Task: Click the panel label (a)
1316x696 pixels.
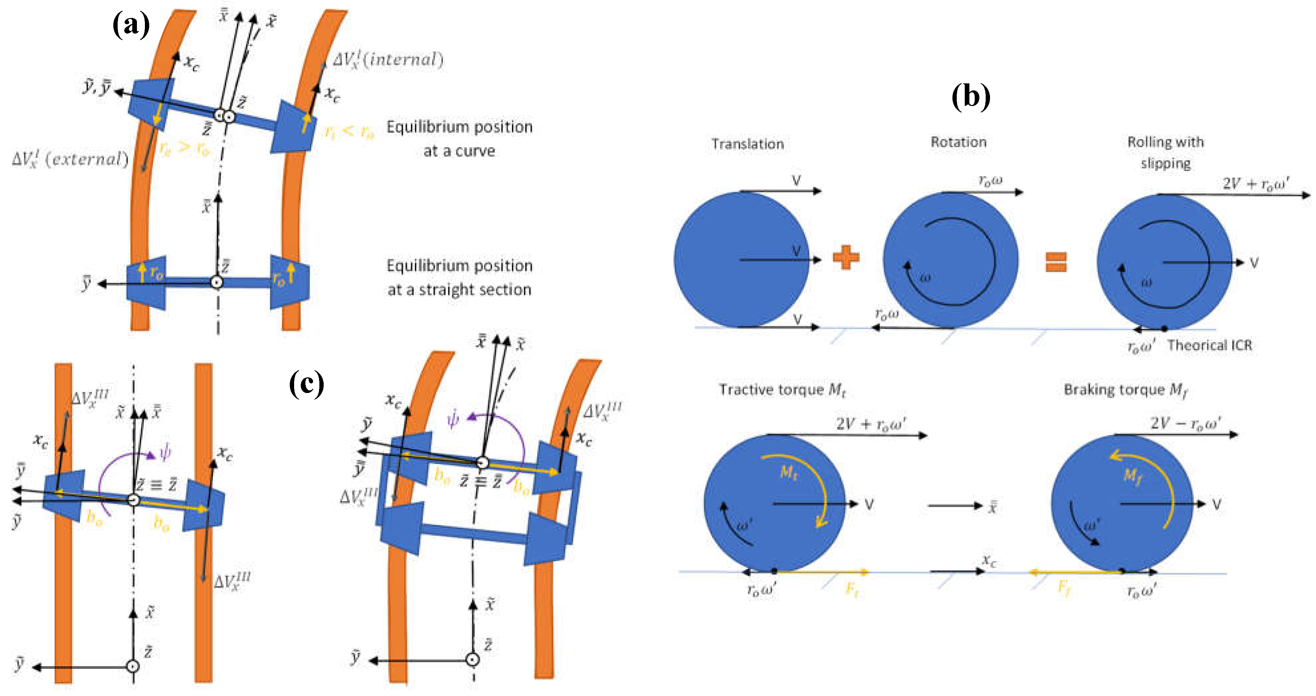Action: coord(131,25)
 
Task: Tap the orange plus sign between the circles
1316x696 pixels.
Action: coord(846,257)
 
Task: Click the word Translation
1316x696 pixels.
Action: coord(747,144)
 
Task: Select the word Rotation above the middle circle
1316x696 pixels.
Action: coord(958,142)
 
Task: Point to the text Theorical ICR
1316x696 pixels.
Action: coord(1209,346)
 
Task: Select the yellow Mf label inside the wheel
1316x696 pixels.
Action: coord(1133,476)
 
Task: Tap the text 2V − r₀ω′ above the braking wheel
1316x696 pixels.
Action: coord(1185,423)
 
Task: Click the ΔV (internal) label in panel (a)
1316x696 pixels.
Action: coord(388,60)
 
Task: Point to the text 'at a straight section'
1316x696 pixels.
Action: coord(459,290)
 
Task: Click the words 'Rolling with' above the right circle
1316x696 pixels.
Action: coord(1165,142)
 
